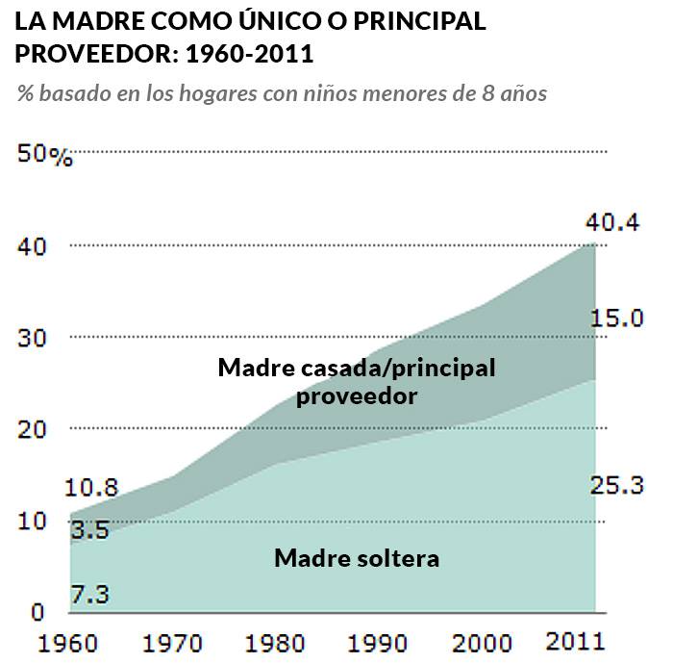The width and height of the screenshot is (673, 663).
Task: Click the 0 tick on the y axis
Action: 37,611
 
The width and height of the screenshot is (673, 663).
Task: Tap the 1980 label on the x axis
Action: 283,642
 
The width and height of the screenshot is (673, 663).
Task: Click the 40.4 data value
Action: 611,225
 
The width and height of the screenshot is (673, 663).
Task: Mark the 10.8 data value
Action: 92,488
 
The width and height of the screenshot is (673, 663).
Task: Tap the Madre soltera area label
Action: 356,558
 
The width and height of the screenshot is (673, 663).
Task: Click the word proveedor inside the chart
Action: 356,395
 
